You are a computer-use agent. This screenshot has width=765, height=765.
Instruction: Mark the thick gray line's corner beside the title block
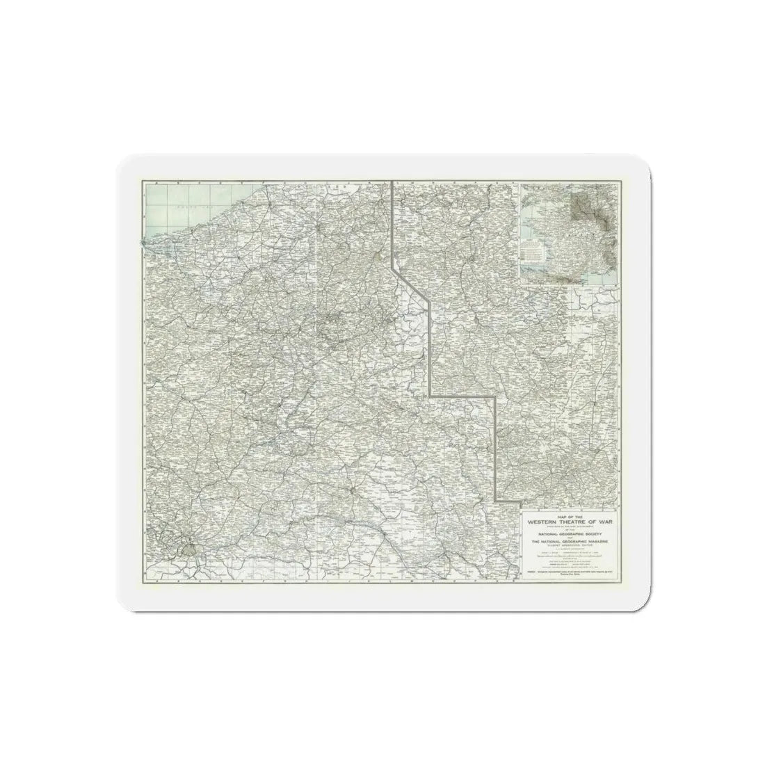pos(496,499)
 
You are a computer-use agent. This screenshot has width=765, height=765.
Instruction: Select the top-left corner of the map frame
pos(143,182)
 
